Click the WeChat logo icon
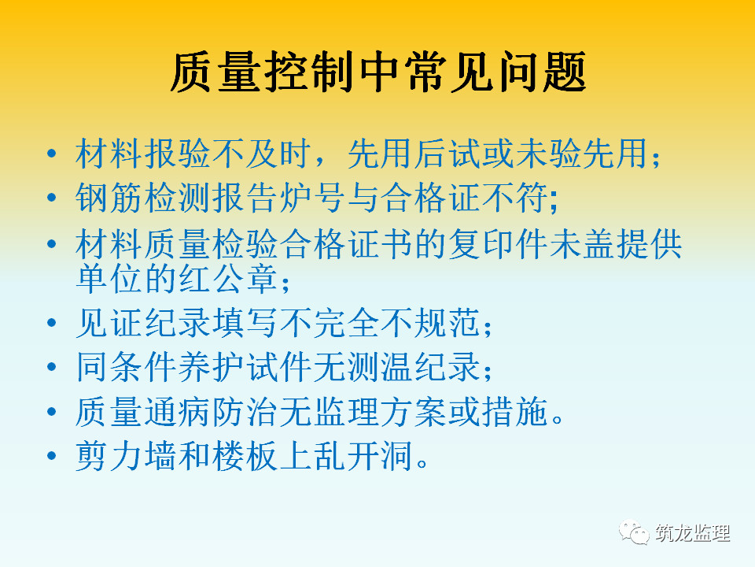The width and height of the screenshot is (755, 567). [x=634, y=532]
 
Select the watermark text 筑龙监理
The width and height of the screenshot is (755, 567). [x=692, y=533]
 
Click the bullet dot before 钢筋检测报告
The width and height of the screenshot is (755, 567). [x=52, y=197]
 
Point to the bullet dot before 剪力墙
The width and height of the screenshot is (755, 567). [x=52, y=456]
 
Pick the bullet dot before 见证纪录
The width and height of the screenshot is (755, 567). [x=52, y=323]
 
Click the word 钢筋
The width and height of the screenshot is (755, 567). [x=109, y=197]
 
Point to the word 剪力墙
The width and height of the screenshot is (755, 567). [x=126, y=456]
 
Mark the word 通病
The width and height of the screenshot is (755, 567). [x=177, y=411]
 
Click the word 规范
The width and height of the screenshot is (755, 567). [x=447, y=323]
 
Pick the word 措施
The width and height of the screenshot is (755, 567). [x=515, y=411]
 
